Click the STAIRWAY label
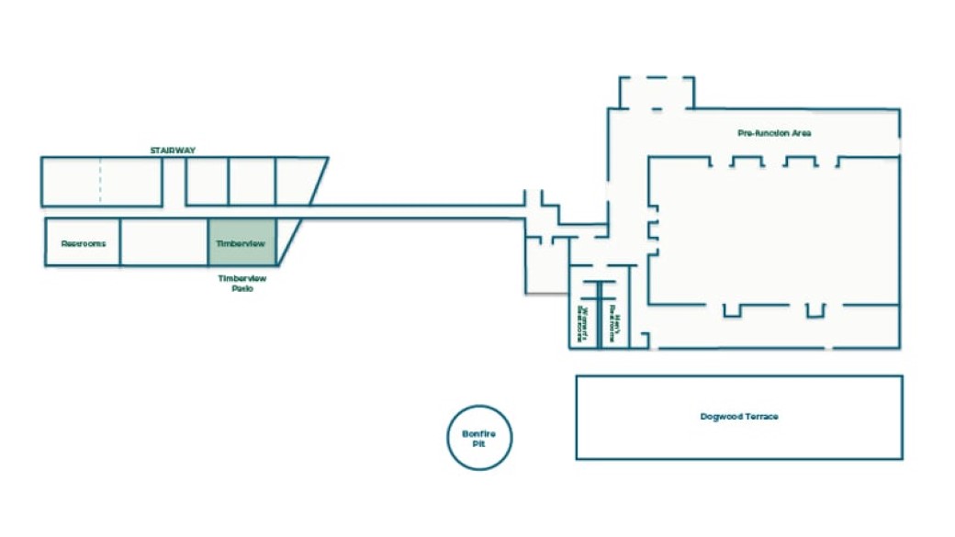174,150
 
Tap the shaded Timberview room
241,243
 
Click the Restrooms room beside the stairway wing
83,243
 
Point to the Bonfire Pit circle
479,438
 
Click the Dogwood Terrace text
738,417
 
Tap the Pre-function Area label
774,133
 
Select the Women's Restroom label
580,319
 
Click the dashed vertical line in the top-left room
100,181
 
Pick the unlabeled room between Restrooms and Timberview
164,243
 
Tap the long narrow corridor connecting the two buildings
413,211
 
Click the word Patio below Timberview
242,288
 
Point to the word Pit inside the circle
479,443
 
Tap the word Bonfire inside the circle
479,432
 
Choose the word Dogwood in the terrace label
720,417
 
